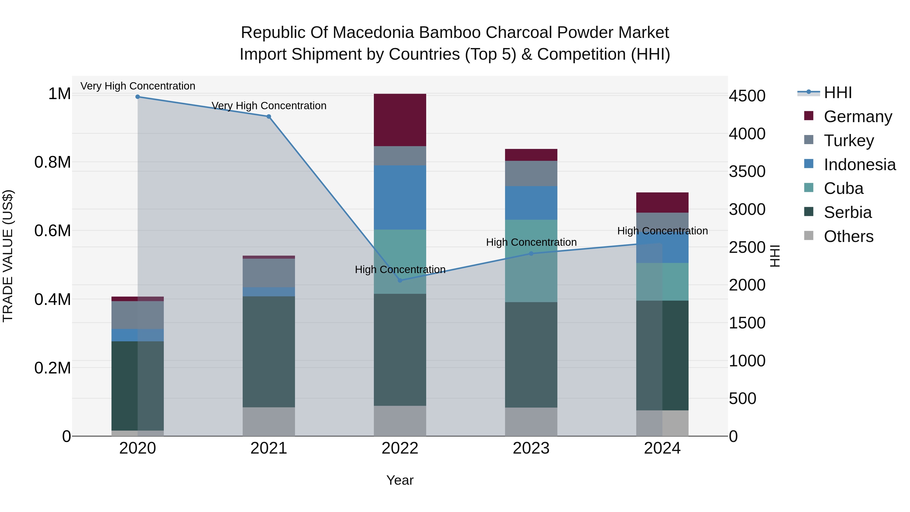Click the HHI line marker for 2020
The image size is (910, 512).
(x=138, y=97)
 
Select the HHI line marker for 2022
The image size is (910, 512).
(x=400, y=281)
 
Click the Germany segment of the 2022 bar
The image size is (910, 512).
(x=400, y=120)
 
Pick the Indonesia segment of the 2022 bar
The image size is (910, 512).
(x=400, y=197)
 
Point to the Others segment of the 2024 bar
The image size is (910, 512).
(x=662, y=423)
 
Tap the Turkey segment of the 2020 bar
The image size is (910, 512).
(x=138, y=315)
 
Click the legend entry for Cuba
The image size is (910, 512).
(x=843, y=188)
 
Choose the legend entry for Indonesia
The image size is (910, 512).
(x=859, y=165)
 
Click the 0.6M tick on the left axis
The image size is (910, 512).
(x=52, y=231)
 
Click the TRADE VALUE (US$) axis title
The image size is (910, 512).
(x=8, y=256)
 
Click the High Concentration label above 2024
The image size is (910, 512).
(x=662, y=231)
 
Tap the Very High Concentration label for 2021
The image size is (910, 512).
(x=269, y=106)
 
